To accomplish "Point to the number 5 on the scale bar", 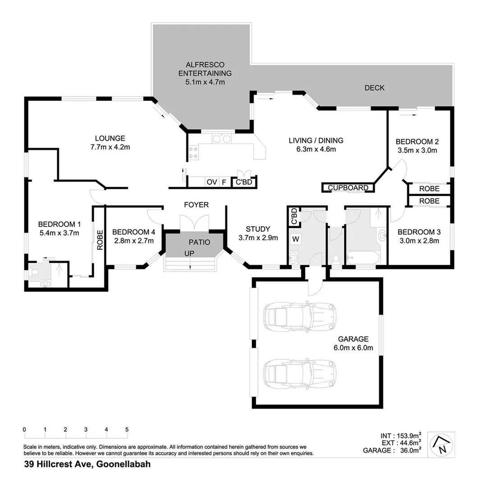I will [x=127, y=429].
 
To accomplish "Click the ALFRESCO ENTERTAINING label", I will [x=205, y=73].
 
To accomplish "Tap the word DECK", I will [x=374, y=88].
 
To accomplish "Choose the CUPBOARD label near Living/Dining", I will [x=348, y=188].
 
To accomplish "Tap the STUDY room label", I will [x=258, y=229].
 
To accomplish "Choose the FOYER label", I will [x=196, y=205].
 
